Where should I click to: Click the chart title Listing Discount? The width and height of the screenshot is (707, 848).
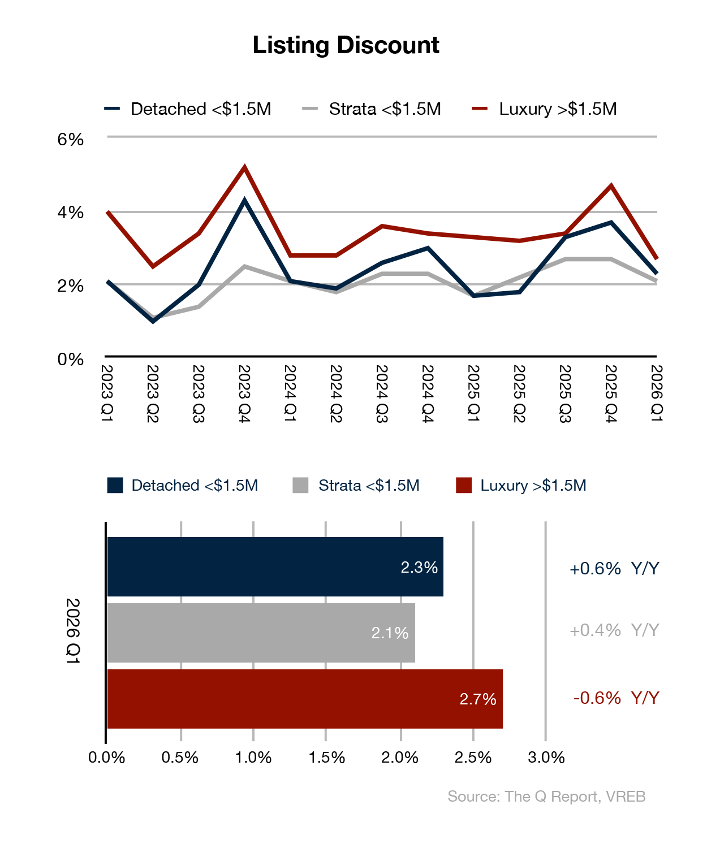[346, 45]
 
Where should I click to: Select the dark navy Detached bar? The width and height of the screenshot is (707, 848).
[275, 566]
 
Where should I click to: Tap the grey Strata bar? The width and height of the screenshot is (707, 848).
[261, 633]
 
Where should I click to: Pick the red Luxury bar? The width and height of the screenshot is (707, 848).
[304, 699]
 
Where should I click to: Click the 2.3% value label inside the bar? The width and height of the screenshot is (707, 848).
[419, 568]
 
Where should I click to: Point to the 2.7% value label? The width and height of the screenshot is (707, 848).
[477, 699]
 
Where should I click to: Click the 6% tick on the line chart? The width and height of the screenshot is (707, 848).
[70, 139]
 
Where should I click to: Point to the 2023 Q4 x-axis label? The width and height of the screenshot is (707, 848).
[244, 393]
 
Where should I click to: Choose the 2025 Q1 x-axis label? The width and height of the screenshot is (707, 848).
[473, 393]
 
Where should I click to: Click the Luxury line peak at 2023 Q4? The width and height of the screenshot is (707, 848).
[244, 167]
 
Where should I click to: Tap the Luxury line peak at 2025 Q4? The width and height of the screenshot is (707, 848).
[611, 185]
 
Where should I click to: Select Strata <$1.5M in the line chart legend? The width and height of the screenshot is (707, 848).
[385, 109]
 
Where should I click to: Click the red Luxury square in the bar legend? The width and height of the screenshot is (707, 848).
[464, 486]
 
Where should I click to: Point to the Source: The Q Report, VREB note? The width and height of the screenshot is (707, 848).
[546, 797]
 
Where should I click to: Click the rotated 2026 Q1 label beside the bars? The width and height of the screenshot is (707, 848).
[73, 630]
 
